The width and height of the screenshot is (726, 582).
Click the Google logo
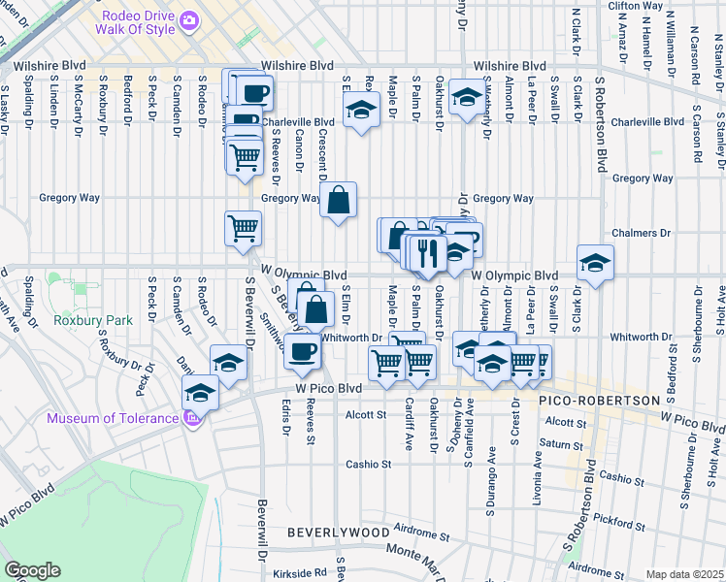point(32,570)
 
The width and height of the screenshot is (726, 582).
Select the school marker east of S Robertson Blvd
point(596,262)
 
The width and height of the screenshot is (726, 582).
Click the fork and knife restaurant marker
point(427,252)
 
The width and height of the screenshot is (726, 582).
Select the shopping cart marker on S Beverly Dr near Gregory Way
point(243,230)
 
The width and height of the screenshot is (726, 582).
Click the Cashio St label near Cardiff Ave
point(368,464)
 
